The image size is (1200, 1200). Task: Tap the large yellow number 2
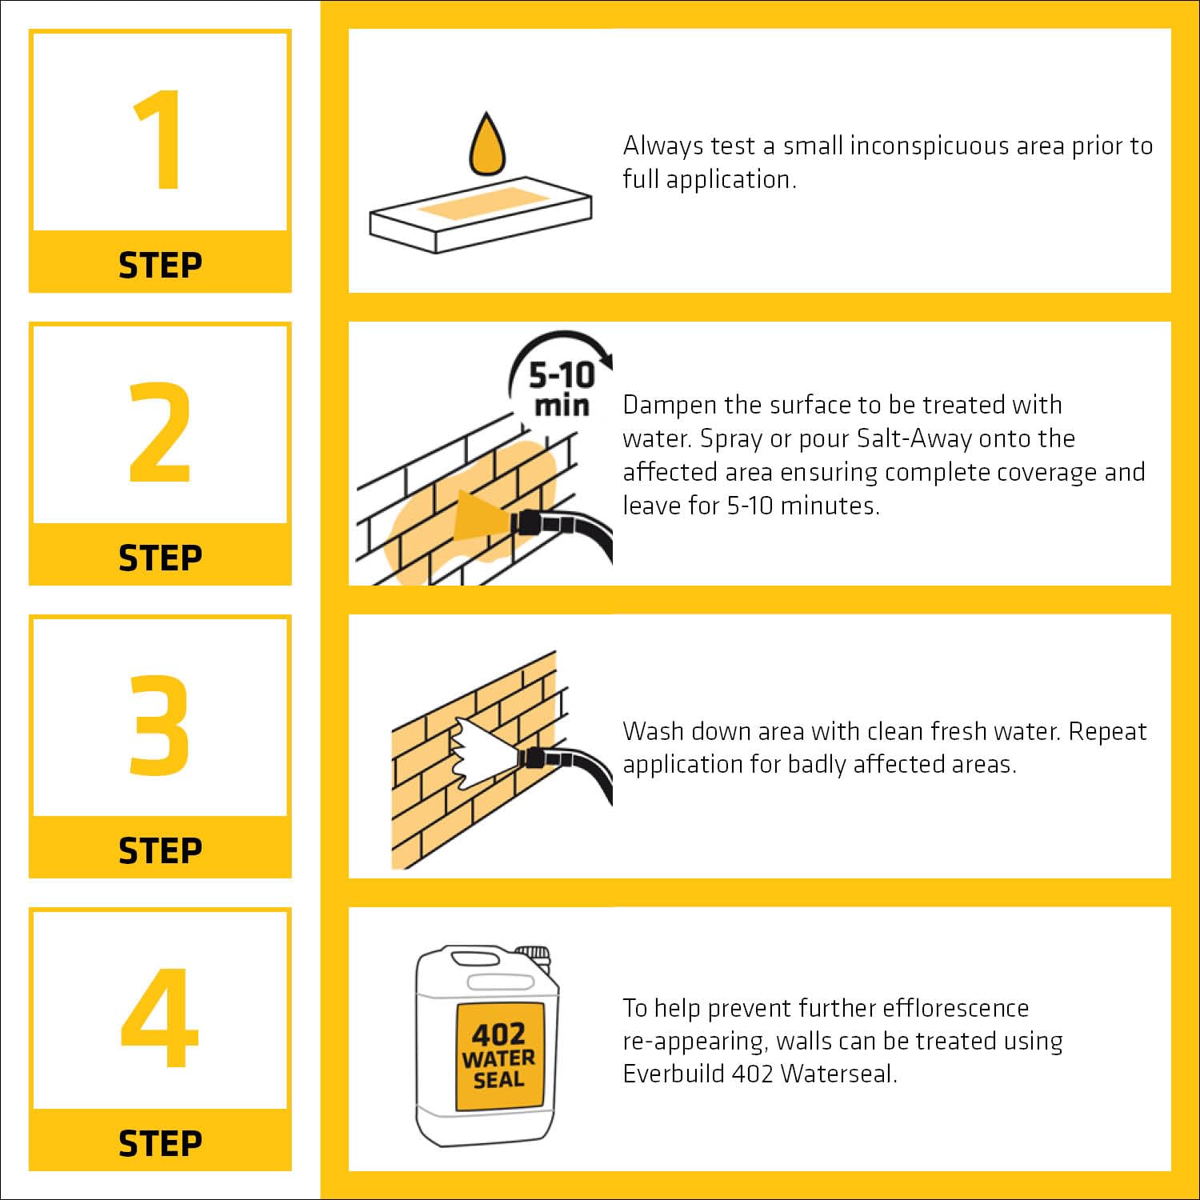pos(160,433)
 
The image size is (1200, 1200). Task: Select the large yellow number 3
pos(160,726)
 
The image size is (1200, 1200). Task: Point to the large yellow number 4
pos(160,1018)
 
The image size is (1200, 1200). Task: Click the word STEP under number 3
pos(160,850)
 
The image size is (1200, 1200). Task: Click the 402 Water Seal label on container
pos(500,1056)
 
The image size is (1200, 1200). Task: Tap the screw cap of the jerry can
pos(533,955)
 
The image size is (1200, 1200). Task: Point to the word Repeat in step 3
pos(1108,733)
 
